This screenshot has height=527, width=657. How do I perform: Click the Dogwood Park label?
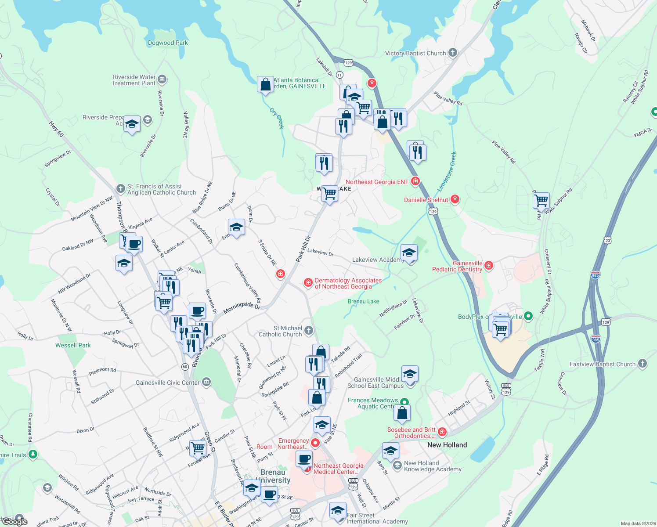coord(168,43)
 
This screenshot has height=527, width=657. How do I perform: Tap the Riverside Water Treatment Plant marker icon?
coord(162,79)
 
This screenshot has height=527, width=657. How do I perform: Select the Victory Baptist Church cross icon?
coord(453,53)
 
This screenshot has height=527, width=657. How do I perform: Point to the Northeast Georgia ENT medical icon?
coord(415,181)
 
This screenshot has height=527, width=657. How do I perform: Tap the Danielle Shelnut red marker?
coord(455,199)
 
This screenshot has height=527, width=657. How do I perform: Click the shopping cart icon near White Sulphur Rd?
coord(541,200)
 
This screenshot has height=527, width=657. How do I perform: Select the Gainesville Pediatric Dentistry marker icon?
coord(488,266)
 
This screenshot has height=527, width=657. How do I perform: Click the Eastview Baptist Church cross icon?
coord(643,364)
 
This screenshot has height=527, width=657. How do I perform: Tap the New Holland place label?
coord(447,445)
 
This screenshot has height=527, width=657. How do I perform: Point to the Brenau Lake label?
coord(363,301)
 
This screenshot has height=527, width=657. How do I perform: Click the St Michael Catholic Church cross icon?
coord(309,331)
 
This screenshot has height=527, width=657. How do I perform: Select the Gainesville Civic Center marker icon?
coord(206,382)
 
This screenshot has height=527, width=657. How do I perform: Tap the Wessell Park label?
coord(73,345)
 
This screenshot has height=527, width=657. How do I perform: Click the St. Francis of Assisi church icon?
coord(120,189)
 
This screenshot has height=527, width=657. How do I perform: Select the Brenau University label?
coord(273,476)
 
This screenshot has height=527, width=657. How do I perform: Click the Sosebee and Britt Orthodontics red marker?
coord(442,432)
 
